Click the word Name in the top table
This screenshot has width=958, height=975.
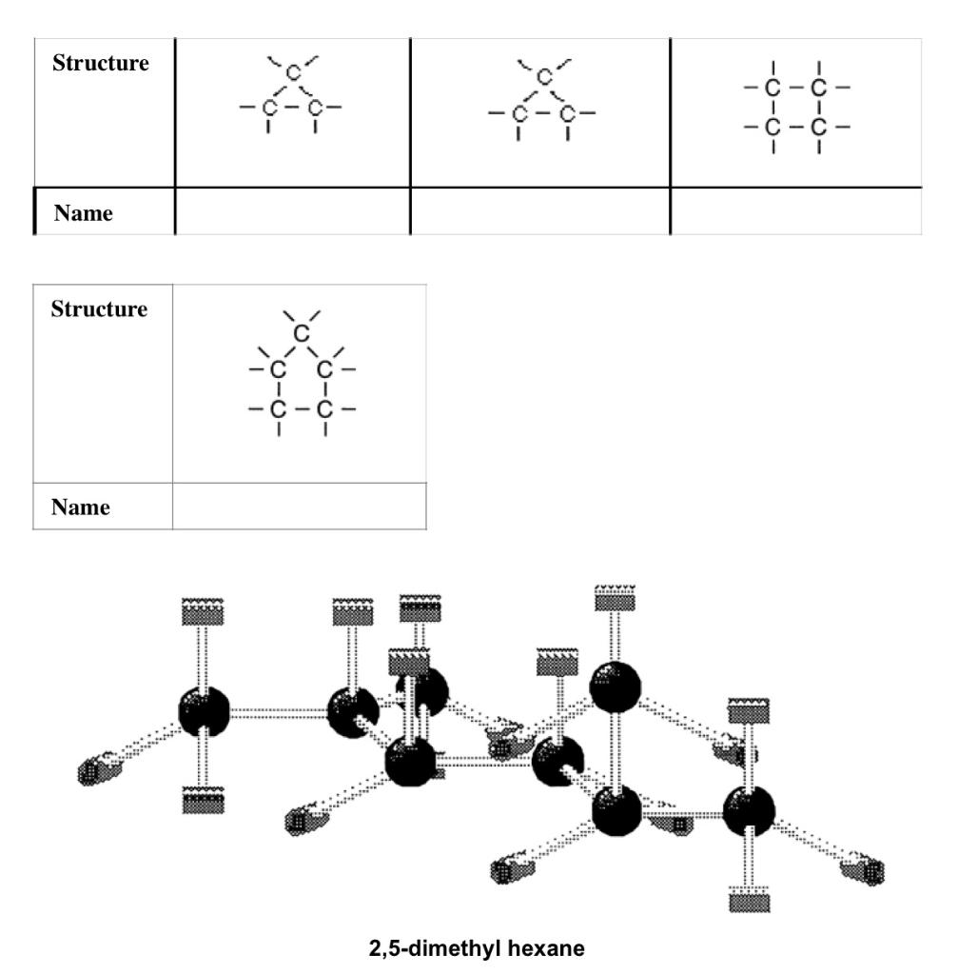click(83, 213)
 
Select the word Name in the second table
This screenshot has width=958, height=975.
click(82, 507)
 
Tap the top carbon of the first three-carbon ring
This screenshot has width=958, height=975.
click(294, 72)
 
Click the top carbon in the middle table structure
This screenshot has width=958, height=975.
click(543, 76)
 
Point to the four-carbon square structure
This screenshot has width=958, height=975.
click(796, 108)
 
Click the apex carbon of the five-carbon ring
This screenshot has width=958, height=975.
click(302, 333)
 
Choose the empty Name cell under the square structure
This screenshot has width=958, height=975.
click(796, 211)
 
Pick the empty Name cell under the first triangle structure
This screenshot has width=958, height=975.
click(293, 211)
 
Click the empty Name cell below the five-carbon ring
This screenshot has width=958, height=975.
click(300, 507)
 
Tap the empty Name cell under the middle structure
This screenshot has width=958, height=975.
click(539, 211)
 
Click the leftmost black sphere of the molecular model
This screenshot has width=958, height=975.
click(205, 710)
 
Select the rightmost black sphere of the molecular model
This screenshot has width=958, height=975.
click(750, 811)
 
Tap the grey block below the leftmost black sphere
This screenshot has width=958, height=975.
click(204, 801)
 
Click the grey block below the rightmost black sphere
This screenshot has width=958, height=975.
click(749, 900)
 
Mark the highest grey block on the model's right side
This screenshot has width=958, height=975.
click(616, 599)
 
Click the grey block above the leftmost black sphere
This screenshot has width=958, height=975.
click(203, 611)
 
